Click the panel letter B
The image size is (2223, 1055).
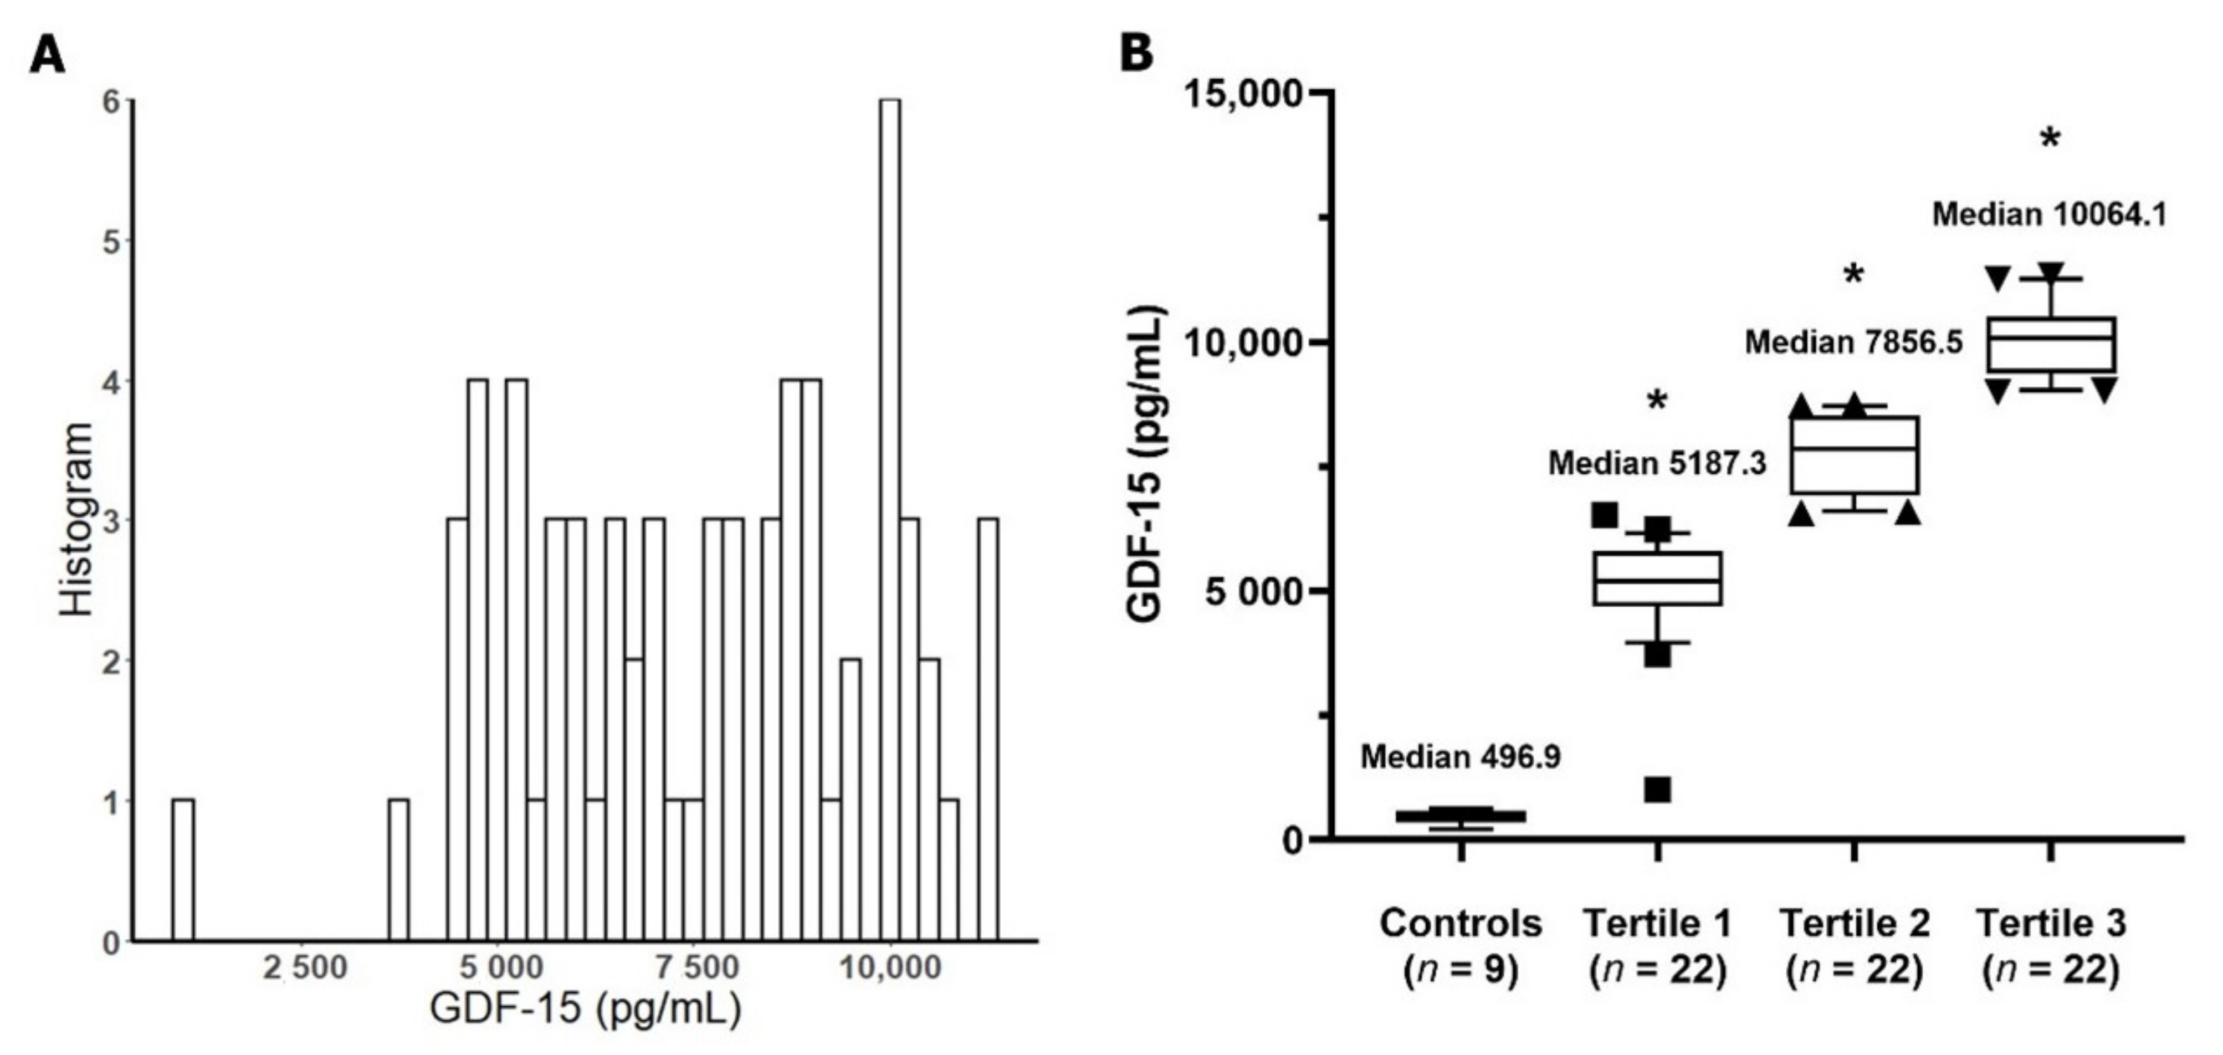(x=1136, y=54)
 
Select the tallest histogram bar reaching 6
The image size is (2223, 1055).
(x=890, y=518)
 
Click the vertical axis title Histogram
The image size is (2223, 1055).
(x=78, y=519)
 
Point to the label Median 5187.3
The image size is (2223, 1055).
(x=1657, y=463)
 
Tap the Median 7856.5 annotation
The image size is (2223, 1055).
(x=1853, y=342)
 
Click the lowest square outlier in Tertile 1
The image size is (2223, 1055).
(x=1657, y=789)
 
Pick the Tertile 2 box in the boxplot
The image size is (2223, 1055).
(x=1853, y=454)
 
